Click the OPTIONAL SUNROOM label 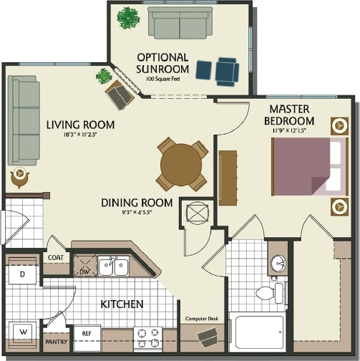(x=162, y=62)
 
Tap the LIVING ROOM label (x=80, y=125)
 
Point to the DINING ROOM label (x=137, y=203)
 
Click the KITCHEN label (x=122, y=304)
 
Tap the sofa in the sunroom (x=180, y=24)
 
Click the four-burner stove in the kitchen (x=147, y=337)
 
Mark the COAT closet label (x=56, y=258)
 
